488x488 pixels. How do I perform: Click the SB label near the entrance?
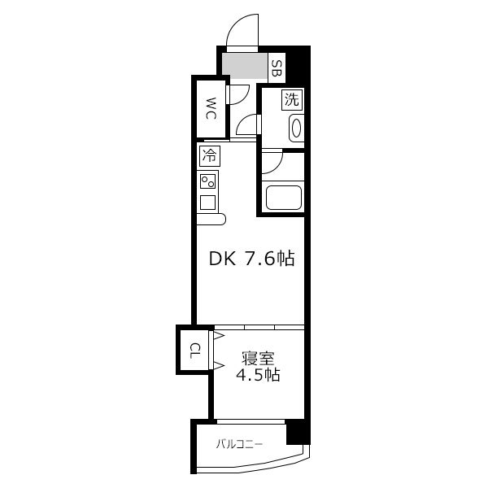tap(277, 68)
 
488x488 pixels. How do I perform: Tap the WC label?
tap(211, 108)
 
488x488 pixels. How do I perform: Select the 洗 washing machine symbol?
tap(292, 99)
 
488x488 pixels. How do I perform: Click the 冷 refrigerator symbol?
tap(210, 155)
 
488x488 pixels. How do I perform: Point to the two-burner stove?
tap(208, 181)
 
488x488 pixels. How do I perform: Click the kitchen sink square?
tap(208, 202)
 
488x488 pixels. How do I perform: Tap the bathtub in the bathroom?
tap(283, 198)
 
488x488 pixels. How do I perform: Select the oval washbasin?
tap(296, 129)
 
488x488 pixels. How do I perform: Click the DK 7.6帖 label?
tap(251, 259)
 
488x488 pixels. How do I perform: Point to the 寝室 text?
tap(259, 358)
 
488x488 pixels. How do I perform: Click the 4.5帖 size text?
tap(259, 375)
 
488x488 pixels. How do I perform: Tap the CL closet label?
tap(195, 351)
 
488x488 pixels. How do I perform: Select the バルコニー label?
tap(240, 444)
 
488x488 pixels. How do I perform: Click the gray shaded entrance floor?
tap(245, 66)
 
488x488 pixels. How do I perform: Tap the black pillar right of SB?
tap(298, 64)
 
